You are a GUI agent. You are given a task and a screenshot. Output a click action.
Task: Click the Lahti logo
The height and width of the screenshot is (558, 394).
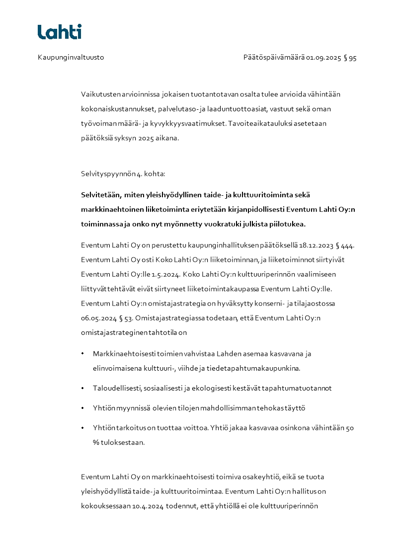point(60,32)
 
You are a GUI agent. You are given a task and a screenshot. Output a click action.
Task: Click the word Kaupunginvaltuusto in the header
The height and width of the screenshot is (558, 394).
point(71,58)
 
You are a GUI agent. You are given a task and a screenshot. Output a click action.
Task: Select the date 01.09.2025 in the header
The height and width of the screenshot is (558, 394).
point(323,58)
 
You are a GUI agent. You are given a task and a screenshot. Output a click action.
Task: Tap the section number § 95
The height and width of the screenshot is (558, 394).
point(350,58)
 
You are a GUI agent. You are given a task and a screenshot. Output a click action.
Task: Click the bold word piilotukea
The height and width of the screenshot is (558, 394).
point(287,224)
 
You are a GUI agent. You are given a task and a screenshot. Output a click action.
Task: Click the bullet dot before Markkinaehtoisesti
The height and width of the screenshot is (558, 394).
point(82,354)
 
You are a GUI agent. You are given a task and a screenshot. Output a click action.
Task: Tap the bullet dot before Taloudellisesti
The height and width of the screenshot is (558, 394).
point(82,388)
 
